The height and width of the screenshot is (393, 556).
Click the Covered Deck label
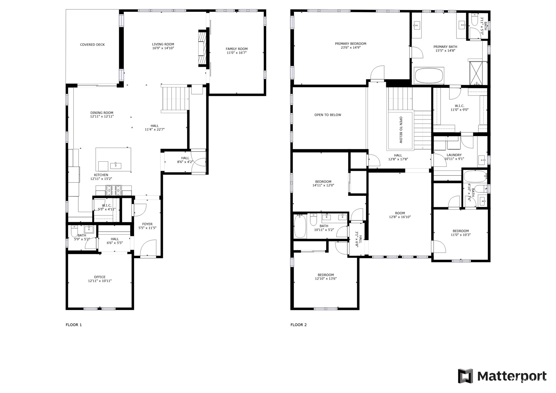tap(92, 45)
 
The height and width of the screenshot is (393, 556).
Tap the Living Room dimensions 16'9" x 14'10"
tap(163, 48)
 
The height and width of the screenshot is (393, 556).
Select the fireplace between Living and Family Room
tap(202, 48)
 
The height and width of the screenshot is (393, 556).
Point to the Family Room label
tap(237, 49)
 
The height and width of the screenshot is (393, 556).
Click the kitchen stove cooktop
tap(114, 190)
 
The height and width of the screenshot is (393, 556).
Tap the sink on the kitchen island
tap(116, 165)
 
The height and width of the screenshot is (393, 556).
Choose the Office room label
tap(100, 277)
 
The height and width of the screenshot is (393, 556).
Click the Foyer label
tap(148, 224)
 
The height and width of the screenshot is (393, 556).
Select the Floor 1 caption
tap(74, 325)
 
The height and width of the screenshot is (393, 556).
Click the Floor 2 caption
tap(299, 325)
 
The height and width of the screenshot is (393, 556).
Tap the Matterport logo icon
tap(466, 376)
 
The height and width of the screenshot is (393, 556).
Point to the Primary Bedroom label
tap(350, 44)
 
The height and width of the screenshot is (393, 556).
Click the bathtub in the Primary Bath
tap(429, 76)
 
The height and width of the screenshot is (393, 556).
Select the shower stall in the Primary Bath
tap(476, 73)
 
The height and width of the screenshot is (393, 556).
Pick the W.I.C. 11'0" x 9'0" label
tap(460, 108)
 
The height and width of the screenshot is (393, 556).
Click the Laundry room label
tap(454, 155)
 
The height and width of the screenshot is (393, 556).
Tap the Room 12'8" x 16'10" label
tap(400, 215)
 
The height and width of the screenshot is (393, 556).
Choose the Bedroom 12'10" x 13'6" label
tap(326, 277)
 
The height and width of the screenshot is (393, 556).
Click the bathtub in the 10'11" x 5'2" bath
tap(300, 227)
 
